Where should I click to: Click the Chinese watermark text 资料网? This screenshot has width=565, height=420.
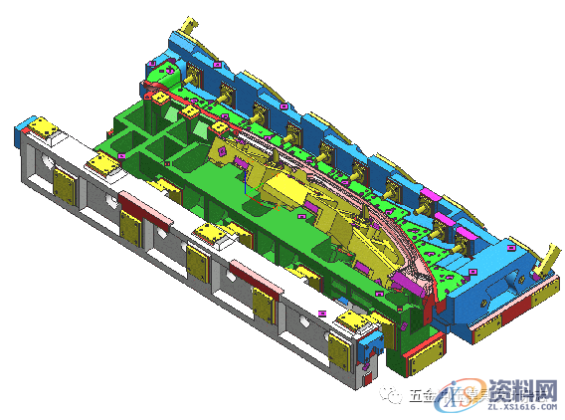(x=523, y=387)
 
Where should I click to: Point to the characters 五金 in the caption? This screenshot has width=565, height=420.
(x=421, y=394)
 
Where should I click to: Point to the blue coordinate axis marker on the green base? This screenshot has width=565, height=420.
(x=244, y=179)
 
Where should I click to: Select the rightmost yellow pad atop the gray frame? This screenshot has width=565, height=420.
(x=350, y=321)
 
